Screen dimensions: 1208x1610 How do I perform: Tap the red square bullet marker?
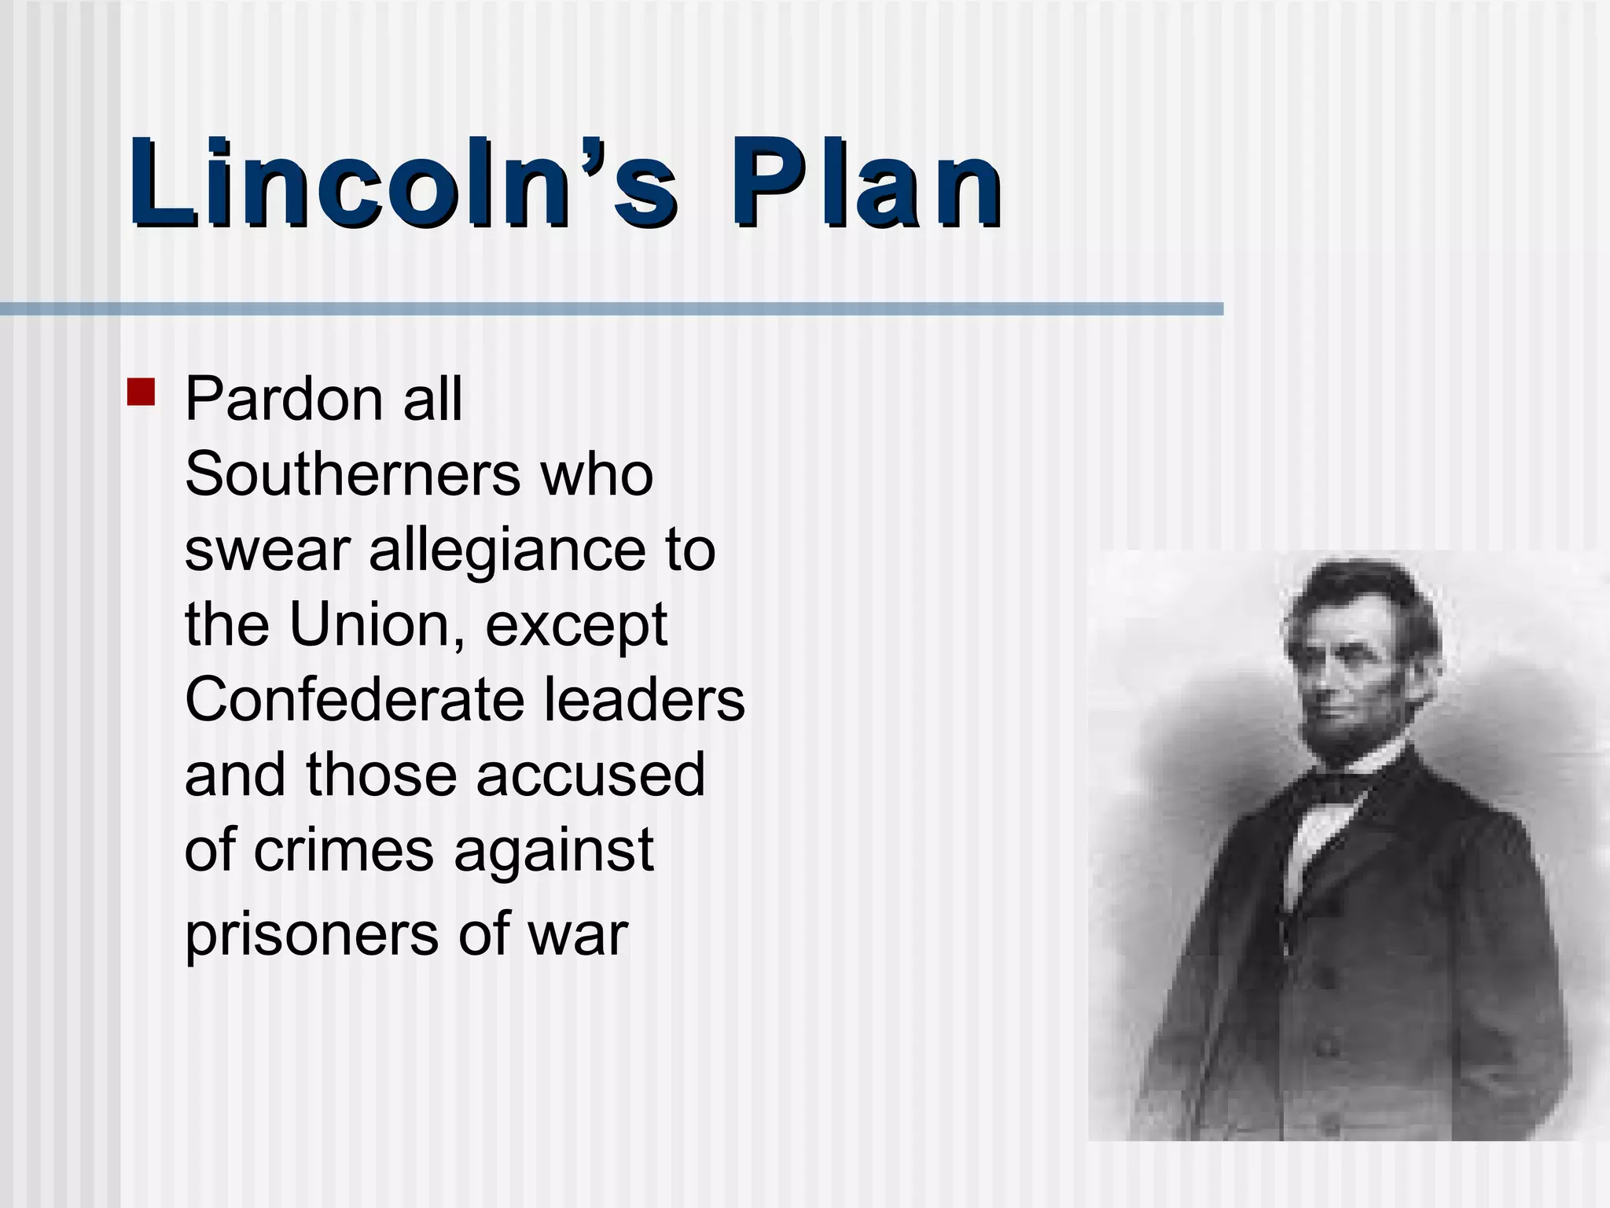click(141, 392)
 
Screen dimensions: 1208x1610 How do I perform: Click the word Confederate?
click(354, 700)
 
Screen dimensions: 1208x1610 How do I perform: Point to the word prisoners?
click(312, 934)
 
